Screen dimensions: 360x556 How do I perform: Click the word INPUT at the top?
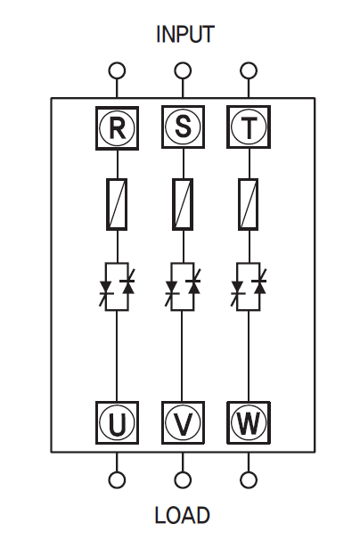pos(185,35)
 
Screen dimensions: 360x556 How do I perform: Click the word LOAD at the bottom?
pos(183,515)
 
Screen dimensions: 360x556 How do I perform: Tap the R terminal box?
pos(117,128)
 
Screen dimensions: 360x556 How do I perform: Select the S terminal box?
pos(183,127)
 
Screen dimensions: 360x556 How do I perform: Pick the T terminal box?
pos(249,127)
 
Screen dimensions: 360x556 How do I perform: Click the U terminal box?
pos(117,422)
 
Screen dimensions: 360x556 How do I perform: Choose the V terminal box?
pos(183,422)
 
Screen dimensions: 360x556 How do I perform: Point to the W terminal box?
pos(249,422)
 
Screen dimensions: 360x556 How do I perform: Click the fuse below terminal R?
pos(117,204)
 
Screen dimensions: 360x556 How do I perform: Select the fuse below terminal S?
pos(183,204)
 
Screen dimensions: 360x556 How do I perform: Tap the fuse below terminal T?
pos(249,204)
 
